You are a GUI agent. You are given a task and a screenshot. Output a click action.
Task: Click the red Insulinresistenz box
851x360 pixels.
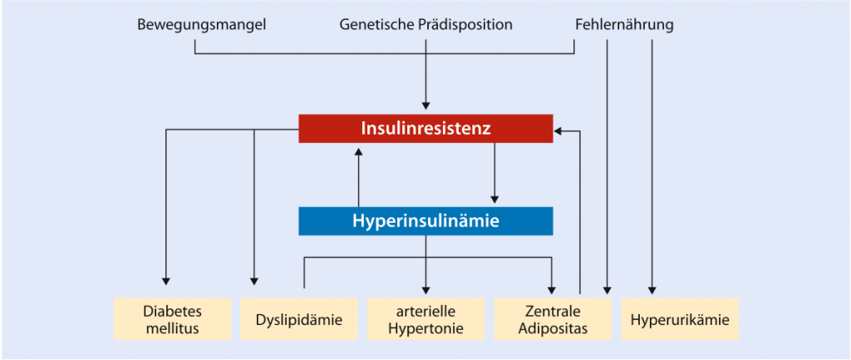[425, 129]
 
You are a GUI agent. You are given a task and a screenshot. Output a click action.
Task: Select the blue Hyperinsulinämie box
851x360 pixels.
[425, 221]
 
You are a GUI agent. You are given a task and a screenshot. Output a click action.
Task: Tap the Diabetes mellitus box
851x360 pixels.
[173, 318]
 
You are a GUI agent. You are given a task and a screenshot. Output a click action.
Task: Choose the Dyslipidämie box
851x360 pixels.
[299, 318]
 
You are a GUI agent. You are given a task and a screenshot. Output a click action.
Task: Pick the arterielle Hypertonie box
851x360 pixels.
[426, 318]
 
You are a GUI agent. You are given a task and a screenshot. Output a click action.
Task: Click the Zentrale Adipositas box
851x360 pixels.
[553, 318]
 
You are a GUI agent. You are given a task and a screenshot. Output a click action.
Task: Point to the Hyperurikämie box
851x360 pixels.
[680, 318]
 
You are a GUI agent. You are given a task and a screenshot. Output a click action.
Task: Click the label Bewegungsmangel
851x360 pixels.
[202, 25]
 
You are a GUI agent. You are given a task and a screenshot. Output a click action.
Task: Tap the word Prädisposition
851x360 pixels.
[464, 25]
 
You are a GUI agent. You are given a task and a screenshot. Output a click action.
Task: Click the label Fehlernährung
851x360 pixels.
[624, 25]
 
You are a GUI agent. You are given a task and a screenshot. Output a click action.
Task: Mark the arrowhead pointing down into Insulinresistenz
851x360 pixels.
[425, 106]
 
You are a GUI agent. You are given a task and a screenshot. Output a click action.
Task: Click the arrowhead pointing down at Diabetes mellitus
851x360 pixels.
[166, 281]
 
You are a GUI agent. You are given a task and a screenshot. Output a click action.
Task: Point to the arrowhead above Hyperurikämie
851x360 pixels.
[652, 289]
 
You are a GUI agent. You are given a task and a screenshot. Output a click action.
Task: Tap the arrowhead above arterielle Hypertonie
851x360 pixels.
[425, 289]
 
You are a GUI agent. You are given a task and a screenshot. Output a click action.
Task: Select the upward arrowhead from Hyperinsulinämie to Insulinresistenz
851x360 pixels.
[358, 151]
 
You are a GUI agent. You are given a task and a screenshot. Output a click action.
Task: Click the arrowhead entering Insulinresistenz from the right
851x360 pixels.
[558, 131]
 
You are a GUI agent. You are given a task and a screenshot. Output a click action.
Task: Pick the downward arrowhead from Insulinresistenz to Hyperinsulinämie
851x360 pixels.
[494, 198]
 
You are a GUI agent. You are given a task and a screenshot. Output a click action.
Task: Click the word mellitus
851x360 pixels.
[173, 328]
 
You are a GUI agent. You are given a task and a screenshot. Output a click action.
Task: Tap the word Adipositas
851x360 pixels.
[553, 328]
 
